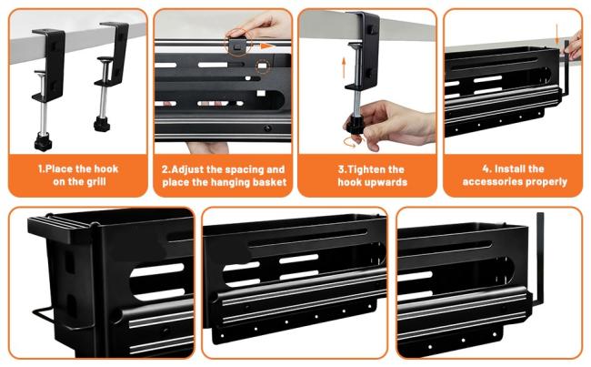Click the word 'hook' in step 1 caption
pos(105,168)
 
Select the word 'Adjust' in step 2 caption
pos(187,169)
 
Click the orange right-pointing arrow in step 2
pos(266,46)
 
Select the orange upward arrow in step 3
pos(344,67)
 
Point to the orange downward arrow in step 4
pos(557,34)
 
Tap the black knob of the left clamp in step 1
pos(43,142)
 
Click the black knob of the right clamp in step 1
pos(102,124)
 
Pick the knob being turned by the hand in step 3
pos(355,125)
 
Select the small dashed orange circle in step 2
pos(263,66)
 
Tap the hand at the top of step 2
pos(260,25)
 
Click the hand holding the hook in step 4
pos(575,46)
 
